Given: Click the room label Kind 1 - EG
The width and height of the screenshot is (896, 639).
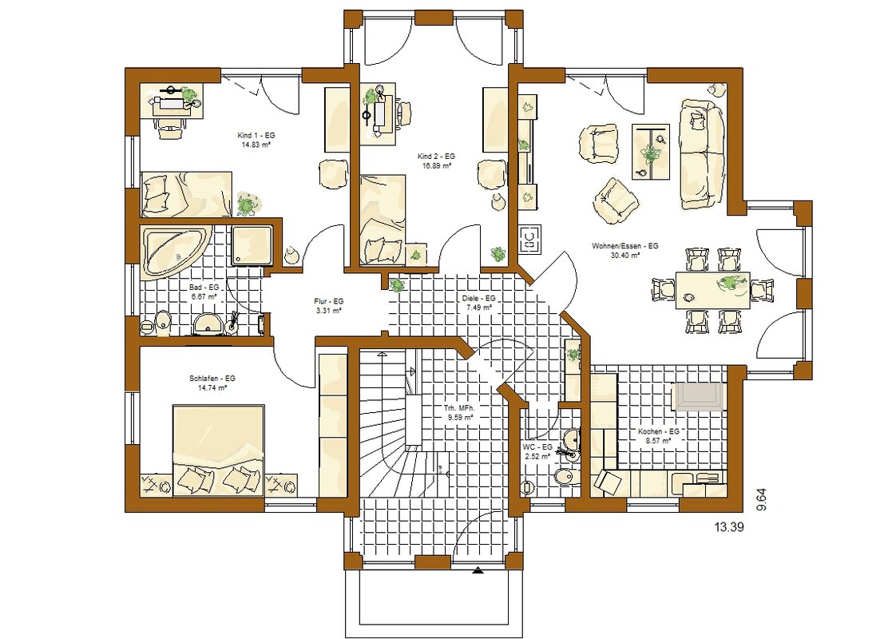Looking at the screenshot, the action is pos(256,136).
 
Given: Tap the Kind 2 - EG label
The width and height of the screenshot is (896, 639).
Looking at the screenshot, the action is pos(436,157).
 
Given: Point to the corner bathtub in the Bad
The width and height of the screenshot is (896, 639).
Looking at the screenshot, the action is pos(176,252).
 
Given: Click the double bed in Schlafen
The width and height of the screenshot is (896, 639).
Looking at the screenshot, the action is pos(218,450).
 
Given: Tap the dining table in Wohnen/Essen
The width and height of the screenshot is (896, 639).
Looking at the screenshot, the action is pos(712,290).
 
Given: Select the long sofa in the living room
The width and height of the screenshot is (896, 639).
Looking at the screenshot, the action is pos(702,155).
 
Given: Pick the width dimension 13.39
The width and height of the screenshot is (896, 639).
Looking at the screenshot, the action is pos(729,527).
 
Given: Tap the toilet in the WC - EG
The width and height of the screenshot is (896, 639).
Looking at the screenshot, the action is pos(562,477).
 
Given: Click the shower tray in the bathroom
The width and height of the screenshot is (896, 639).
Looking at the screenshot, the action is pos(253,245).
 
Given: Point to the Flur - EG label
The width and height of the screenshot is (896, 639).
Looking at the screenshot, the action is pos(328,301).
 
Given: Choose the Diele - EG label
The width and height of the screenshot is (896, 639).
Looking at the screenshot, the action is pos(478,299).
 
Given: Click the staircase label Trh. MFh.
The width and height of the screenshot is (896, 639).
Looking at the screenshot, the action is pos(459,409).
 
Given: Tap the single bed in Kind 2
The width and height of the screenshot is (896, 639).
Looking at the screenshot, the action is pos(383,220).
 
